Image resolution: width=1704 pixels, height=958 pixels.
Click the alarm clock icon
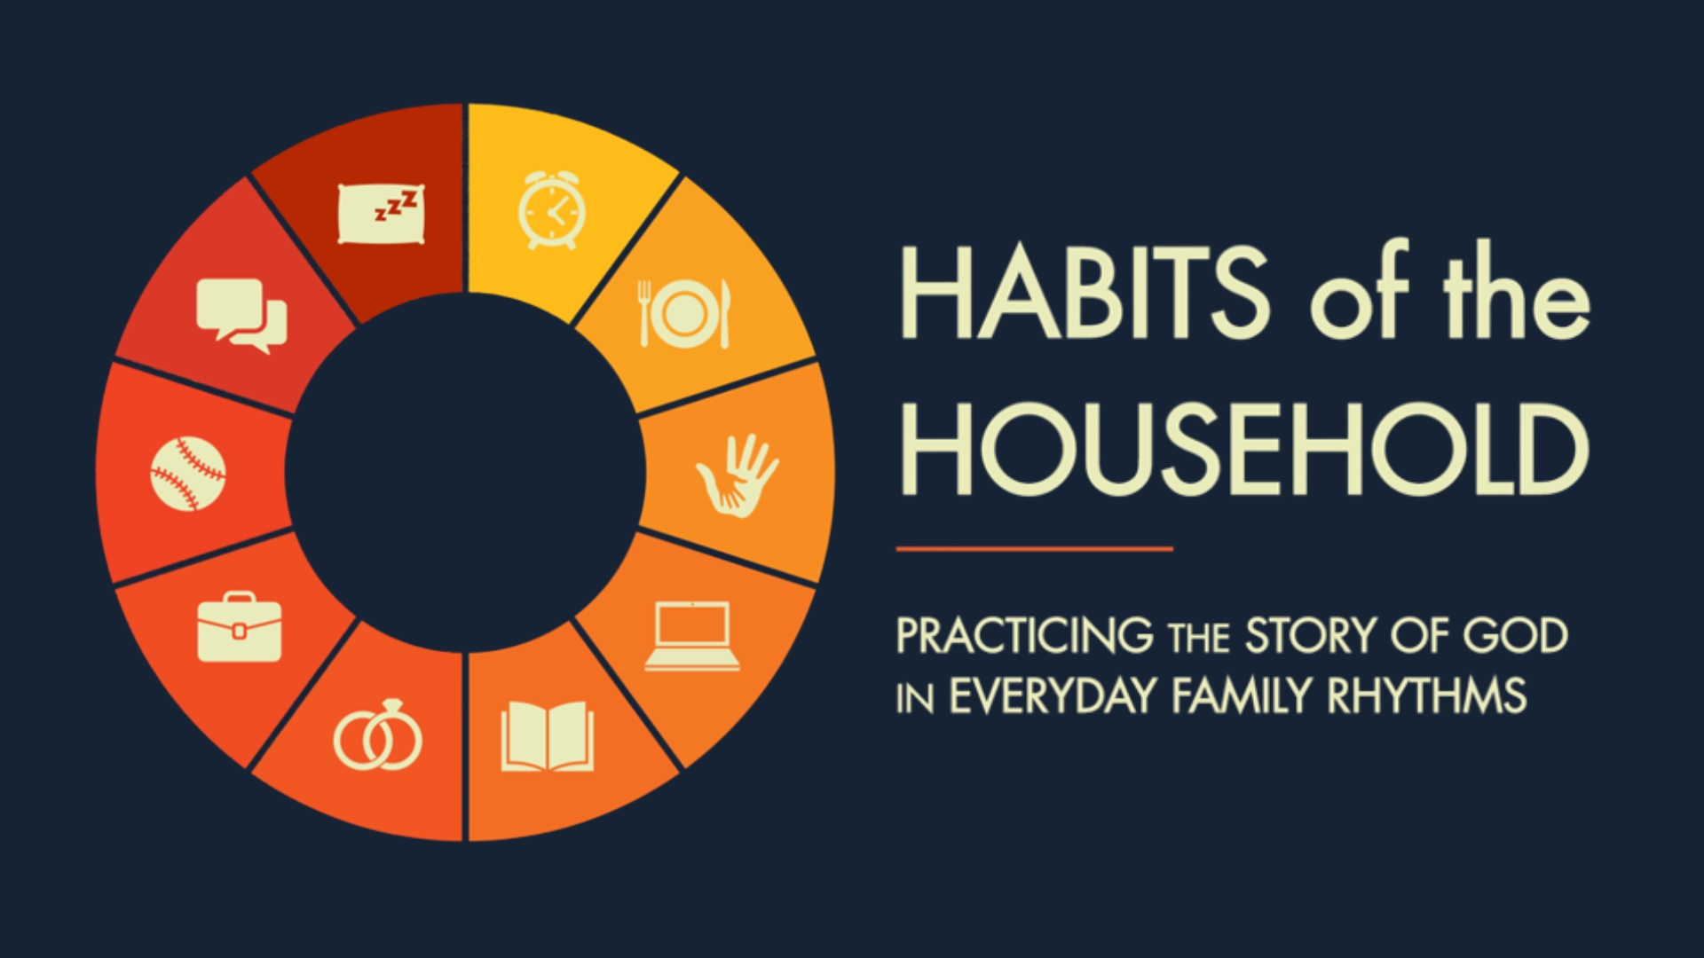[x=551, y=210]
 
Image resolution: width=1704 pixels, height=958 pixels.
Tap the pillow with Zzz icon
[x=381, y=213]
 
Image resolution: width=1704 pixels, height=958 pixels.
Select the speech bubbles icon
[x=241, y=316]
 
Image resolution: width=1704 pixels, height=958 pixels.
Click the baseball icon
[x=187, y=474]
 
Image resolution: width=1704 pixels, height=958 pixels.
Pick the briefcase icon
[x=239, y=626]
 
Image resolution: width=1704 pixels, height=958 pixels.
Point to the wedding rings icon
[x=378, y=735]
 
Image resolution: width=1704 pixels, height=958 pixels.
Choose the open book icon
[x=547, y=736]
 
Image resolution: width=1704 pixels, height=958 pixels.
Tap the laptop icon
[x=692, y=636]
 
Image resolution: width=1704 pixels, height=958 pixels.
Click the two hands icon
[x=737, y=475]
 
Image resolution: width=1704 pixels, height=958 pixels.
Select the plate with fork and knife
[x=684, y=314]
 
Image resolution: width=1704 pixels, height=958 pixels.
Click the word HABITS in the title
[x=1085, y=293]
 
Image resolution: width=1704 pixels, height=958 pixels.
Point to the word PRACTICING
[x=1025, y=636]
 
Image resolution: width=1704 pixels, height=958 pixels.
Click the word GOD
[x=1515, y=636]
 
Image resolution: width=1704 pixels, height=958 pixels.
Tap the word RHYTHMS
[x=1427, y=695]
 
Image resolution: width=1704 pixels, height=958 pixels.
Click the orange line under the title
[x=1035, y=549]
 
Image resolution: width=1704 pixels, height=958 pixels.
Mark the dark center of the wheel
[x=465, y=473]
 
